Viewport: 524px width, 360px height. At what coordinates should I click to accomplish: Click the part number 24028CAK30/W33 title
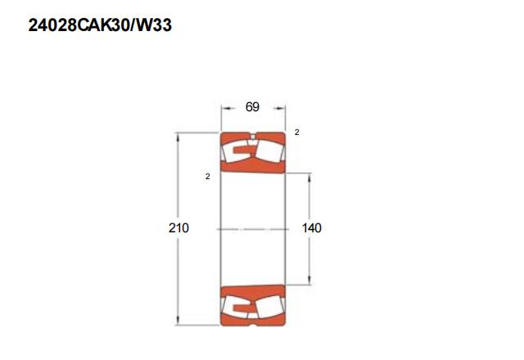[x=100, y=25]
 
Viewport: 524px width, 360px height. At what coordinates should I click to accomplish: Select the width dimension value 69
[x=252, y=107]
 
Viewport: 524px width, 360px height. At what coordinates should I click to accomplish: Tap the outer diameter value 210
[x=178, y=227]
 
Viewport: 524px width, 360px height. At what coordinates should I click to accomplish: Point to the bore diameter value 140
[x=312, y=227]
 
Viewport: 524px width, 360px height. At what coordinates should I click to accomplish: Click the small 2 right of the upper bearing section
[x=296, y=133]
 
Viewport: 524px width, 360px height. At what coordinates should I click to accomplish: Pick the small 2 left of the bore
[x=207, y=177]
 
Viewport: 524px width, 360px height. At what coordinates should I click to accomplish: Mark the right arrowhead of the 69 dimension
[x=280, y=108]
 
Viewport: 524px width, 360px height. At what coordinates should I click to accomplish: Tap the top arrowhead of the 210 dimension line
[x=178, y=137]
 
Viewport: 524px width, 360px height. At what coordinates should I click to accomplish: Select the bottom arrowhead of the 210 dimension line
[x=178, y=320]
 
